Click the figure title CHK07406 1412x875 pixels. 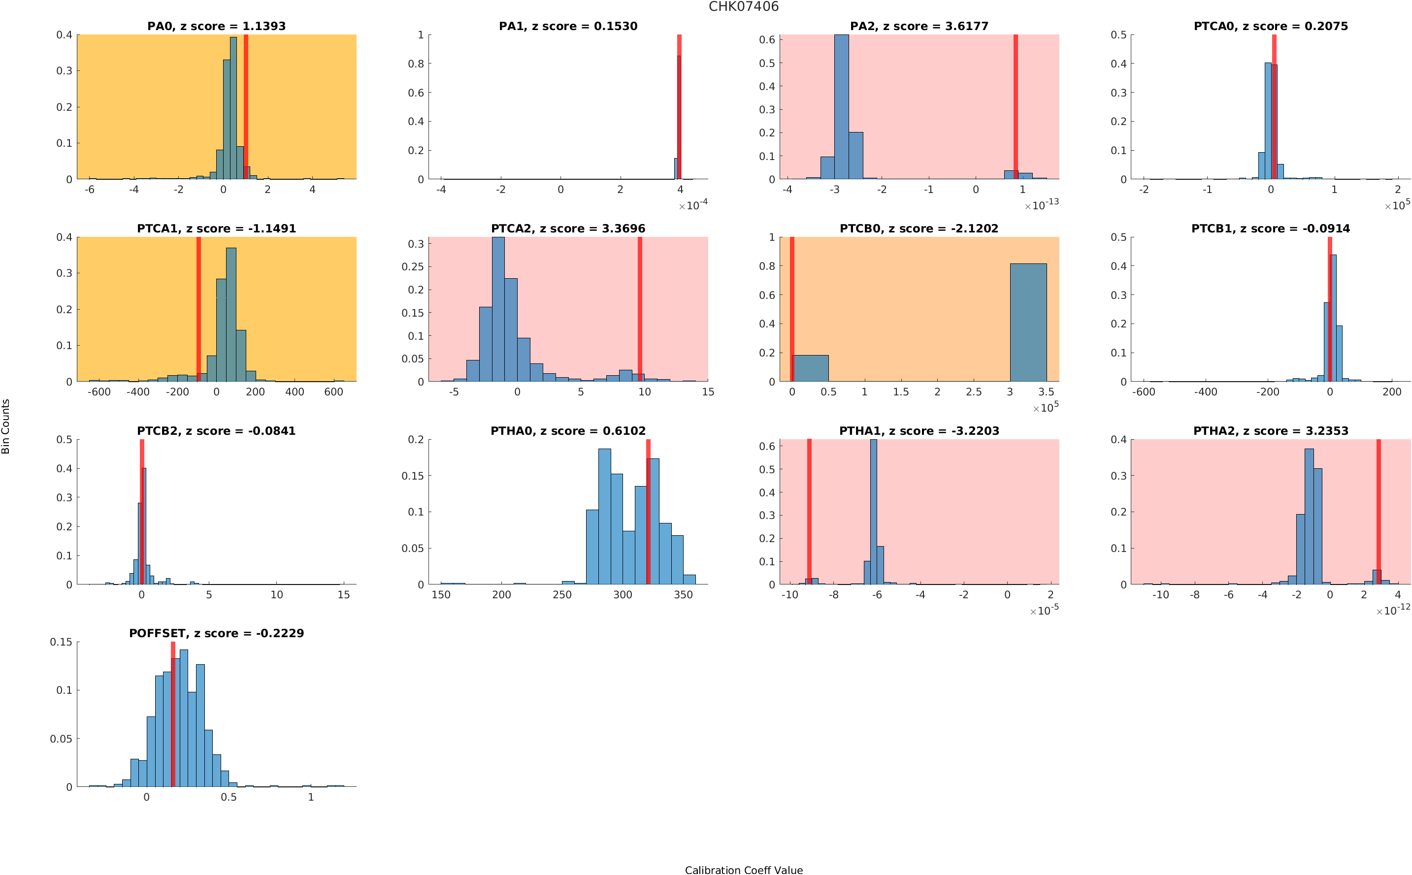[743, 7]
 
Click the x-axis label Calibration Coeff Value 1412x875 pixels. [743, 869]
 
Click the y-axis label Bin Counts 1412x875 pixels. [6, 426]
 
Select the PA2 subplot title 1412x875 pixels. [919, 26]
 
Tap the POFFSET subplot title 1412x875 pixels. [216, 633]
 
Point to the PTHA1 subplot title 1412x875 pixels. [919, 430]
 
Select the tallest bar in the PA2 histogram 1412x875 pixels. [841, 107]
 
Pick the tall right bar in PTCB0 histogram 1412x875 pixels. [1028, 323]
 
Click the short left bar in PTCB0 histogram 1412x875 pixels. [810, 368]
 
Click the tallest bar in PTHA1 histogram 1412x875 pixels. [873, 512]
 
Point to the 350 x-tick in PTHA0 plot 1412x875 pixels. [683, 595]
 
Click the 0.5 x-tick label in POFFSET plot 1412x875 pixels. [229, 797]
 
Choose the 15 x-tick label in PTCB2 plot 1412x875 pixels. [344, 595]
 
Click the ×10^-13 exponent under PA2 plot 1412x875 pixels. [1041, 205]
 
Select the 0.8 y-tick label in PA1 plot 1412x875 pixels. [416, 64]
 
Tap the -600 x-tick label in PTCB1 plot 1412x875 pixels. [1144, 392]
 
